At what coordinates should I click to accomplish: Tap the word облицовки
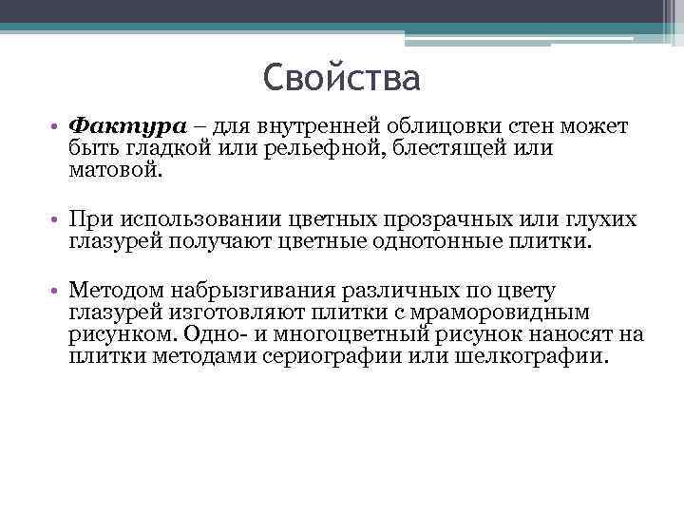pyautogui.click(x=451, y=126)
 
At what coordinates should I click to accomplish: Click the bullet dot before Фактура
pyautogui.click(x=59, y=127)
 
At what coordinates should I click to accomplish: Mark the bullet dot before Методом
pyautogui.click(x=59, y=291)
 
